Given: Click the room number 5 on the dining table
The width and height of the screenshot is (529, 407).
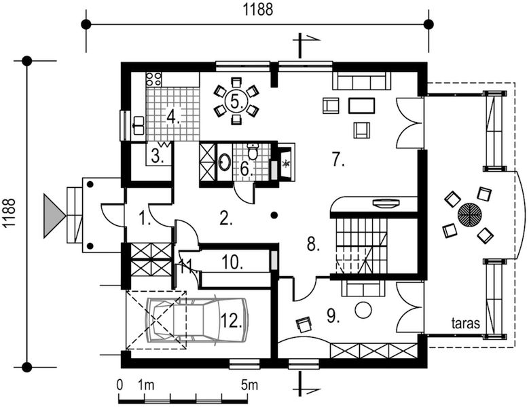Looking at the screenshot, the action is coord(236,101).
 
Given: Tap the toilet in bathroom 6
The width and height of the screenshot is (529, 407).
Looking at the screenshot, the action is coord(253,152).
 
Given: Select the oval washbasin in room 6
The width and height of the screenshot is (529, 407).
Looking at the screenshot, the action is coord(224,162).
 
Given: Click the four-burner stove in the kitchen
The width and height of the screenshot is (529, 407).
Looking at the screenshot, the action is coord(153,79).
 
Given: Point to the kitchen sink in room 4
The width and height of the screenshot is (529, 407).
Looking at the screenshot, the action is coord(139,125).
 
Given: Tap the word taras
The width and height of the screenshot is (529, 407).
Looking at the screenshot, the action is coord(466,323).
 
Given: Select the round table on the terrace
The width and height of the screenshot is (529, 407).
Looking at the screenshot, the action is coord(470,214).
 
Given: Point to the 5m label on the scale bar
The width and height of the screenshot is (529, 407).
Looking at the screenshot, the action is coord(250,385).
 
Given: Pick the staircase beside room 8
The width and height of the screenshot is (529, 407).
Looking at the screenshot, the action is coord(361,246).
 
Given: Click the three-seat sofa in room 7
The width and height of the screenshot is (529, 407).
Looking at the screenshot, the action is coord(361,81).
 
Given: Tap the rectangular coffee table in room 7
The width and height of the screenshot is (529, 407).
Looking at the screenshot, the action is coord(362,105).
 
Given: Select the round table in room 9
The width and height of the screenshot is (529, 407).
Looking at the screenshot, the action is coord(363,309).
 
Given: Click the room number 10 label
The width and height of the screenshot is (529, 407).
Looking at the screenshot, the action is coord(232,262).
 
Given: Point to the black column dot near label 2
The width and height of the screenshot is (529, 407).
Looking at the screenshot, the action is coord(275,214).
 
